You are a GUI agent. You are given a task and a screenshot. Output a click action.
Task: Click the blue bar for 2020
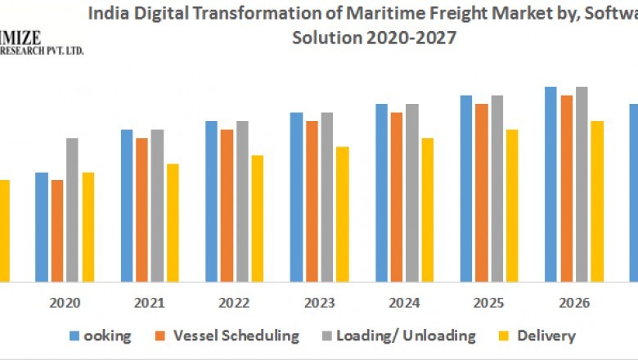coord(42,227)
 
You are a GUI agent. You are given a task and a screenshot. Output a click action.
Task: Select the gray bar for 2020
coord(72,209)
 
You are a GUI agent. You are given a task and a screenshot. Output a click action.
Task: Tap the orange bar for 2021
coord(142,209)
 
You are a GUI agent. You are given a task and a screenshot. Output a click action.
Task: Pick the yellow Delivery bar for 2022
coord(257,218)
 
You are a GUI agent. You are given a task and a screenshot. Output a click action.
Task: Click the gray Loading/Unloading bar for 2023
coord(326,196)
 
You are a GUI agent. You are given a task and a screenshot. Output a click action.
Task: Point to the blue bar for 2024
coord(381,192)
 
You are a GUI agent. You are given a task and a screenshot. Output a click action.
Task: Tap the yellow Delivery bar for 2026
coord(597,200)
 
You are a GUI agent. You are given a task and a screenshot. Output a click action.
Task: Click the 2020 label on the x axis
coord(65,304)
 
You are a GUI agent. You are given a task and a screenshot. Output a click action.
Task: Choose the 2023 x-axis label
coord(318,304)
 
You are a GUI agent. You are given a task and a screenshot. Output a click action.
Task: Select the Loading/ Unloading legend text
coord(406,335)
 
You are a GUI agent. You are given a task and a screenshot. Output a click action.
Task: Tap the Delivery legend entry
coord(546,335)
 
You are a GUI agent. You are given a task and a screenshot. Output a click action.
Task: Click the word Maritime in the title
coord(368,14)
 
